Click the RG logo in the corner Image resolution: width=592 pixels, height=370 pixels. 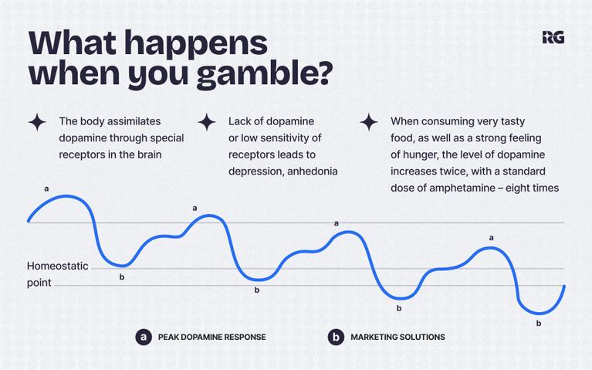tap(553, 37)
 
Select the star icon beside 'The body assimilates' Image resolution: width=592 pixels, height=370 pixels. tap(37, 123)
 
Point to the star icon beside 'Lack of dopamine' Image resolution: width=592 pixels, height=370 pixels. tap(207, 123)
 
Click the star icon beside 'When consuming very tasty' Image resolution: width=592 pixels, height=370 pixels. tap(369, 123)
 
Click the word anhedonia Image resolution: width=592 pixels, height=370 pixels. tap(313, 171)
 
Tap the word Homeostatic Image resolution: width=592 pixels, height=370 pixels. tap(57, 266)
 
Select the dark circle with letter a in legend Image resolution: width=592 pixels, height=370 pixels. tap(144, 337)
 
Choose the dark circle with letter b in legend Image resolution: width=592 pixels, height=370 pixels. tap(336, 337)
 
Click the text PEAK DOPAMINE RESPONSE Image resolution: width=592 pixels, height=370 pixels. tap(211, 337)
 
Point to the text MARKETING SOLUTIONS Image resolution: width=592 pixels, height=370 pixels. tap(398, 337)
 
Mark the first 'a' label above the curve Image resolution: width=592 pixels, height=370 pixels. tap(46, 188)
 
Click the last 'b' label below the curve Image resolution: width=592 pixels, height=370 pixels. tap(539, 324)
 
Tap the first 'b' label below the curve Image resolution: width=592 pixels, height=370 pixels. tap(122, 277)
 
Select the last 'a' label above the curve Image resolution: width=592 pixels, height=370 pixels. tap(491, 238)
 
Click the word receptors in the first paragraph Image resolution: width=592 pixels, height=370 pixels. tap(83, 155)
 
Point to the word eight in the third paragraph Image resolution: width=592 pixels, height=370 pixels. tap(518, 188)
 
